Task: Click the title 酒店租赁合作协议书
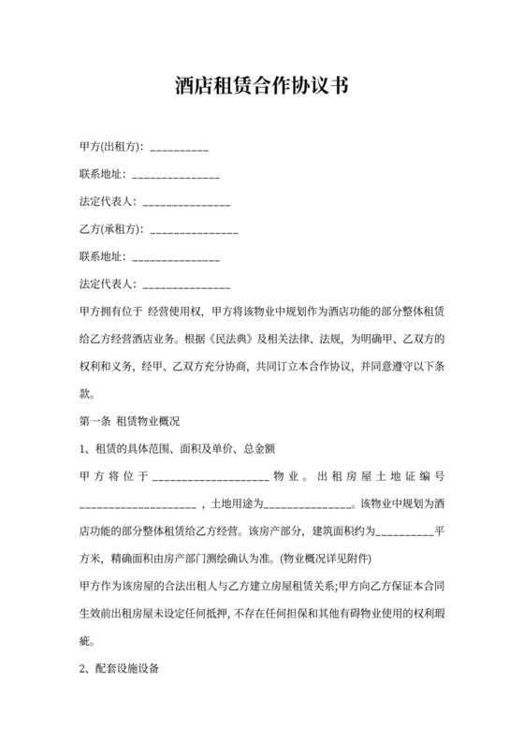[x=261, y=87]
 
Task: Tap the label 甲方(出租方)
[x=110, y=148]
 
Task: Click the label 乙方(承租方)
[x=110, y=229]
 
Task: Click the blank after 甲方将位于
[x=210, y=478]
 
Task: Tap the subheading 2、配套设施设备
[x=122, y=670]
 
